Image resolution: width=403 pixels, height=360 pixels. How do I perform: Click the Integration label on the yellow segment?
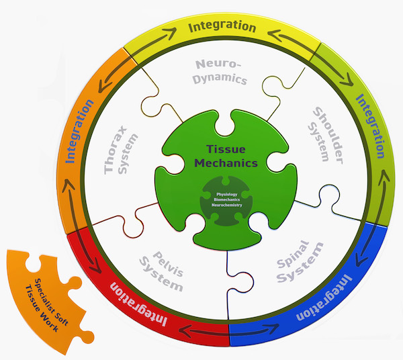click(222, 27)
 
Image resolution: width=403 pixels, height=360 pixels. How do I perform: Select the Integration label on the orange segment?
click(79, 131)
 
